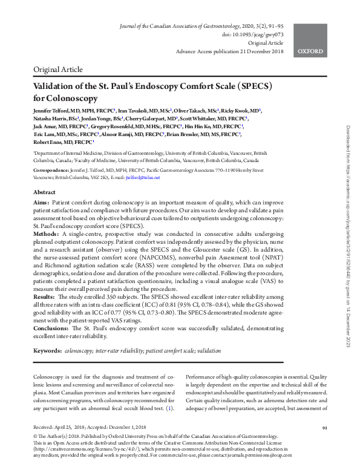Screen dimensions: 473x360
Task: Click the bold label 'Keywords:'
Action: (48, 350)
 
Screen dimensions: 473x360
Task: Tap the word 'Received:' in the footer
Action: (44, 427)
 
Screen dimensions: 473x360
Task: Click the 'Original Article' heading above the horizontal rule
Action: (59, 70)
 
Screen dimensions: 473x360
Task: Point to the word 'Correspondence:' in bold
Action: (53, 171)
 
